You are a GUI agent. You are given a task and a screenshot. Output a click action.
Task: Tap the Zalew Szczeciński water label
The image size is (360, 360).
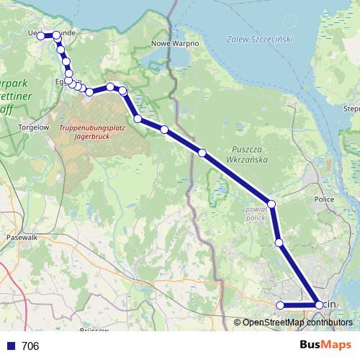pyautogui.click(x=260, y=39)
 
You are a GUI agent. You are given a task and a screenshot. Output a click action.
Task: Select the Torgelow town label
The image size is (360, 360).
pyautogui.click(x=29, y=127)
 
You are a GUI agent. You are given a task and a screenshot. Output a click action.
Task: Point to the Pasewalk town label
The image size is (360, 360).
pyautogui.click(x=21, y=236)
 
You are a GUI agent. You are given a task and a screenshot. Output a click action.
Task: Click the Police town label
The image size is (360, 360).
pyautogui.click(x=325, y=199)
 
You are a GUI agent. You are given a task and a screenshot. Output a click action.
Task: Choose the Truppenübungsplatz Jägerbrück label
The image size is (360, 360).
pyautogui.click(x=84, y=131)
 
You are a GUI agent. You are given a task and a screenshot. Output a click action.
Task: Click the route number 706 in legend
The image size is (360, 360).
pyautogui.click(x=30, y=346)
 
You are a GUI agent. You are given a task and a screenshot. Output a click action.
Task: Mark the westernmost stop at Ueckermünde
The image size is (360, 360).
pyautogui.click(x=41, y=35)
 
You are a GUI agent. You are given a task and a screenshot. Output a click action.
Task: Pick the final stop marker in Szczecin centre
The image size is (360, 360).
pyautogui.click(x=319, y=305)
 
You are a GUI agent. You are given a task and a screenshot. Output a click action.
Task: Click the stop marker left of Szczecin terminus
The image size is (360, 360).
pyautogui.click(x=280, y=305)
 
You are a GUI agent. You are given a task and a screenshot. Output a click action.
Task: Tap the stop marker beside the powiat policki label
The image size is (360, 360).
pyautogui.click(x=271, y=204)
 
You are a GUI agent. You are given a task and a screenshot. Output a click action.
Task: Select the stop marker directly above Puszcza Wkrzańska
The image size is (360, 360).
pyautogui.click(x=202, y=153)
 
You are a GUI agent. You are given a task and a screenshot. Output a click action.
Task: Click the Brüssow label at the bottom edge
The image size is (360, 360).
pyautogui.click(x=94, y=330)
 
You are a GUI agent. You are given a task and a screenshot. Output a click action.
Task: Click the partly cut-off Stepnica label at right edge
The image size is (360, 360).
pyautogui.click(x=352, y=108)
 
